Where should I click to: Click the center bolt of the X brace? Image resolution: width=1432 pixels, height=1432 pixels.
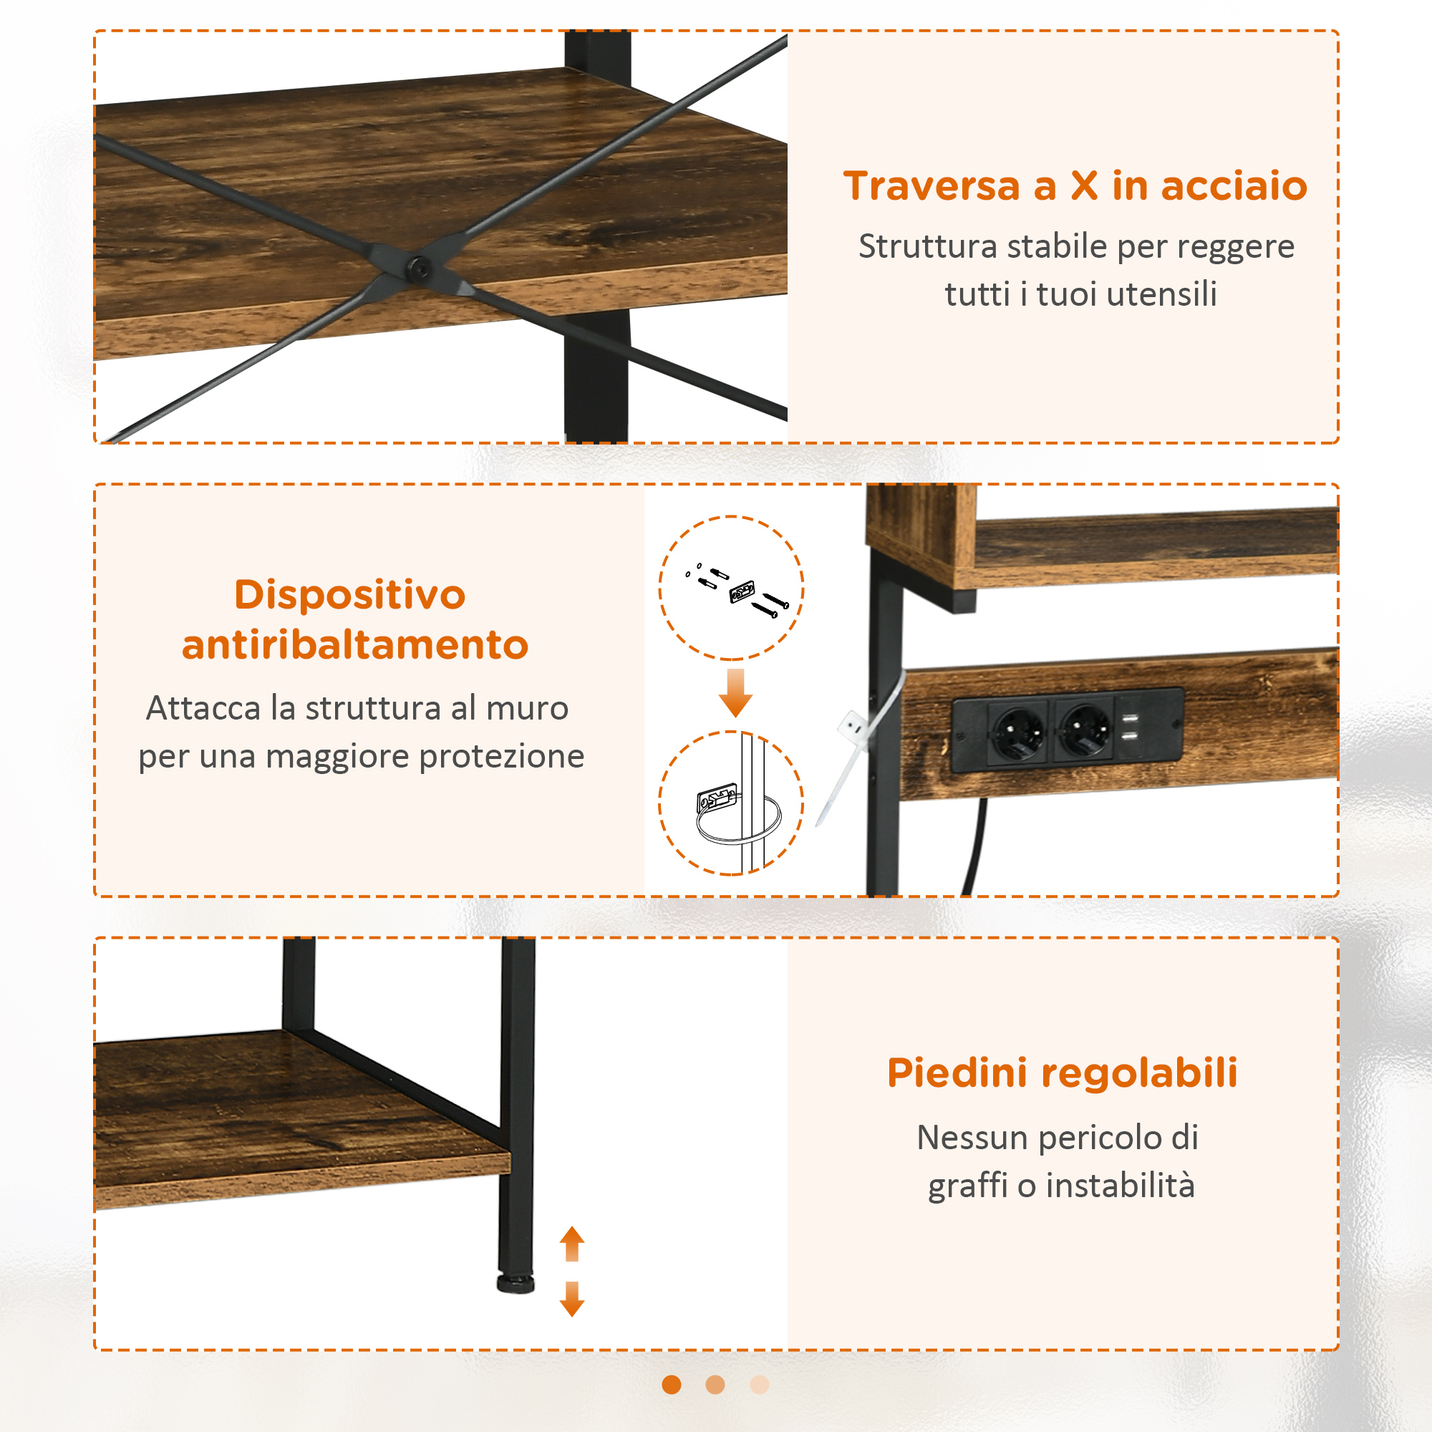tap(420, 268)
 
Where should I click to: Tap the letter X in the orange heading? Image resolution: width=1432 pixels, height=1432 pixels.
tap(1083, 186)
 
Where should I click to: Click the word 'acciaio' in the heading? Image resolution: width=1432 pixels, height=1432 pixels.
tap(1234, 185)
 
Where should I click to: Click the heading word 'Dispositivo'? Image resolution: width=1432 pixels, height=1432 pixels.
tap(350, 594)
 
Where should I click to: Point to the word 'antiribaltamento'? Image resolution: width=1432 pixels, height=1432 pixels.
tap(355, 644)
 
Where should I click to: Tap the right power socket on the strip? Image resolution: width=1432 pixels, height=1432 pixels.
tap(1086, 730)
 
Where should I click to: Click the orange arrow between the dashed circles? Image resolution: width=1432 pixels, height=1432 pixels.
tap(735, 693)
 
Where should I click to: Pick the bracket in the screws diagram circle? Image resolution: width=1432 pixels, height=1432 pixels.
tap(742, 591)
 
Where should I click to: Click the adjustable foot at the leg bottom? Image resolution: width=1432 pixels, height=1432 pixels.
tap(515, 1284)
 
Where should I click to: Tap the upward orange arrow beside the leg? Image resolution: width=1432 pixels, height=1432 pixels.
tap(571, 1244)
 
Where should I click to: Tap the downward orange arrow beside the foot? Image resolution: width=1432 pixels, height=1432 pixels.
tap(571, 1299)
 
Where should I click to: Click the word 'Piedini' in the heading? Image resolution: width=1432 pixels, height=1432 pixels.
tap(957, 1073)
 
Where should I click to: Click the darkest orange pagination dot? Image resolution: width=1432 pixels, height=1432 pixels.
tap(672, 1385)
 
